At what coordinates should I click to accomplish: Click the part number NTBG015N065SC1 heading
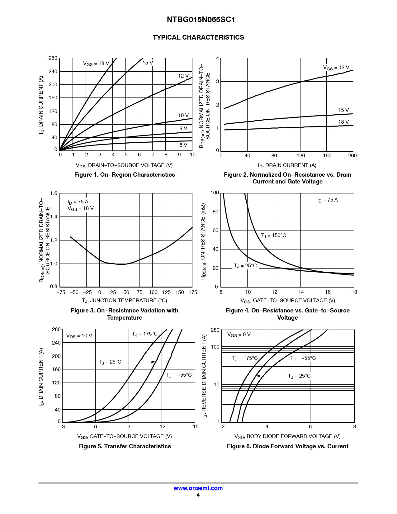(201, 20)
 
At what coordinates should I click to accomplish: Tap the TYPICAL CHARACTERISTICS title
(198, 37)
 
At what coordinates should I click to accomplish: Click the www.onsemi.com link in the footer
(198, 488)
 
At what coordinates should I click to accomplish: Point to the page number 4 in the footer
(198, 495)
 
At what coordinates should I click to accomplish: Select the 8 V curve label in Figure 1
(183, 145)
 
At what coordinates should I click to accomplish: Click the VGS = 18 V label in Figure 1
(96, 64)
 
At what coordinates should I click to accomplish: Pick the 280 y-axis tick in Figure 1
(53, 58)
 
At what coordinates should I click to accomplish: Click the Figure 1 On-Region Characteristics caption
(125, 175)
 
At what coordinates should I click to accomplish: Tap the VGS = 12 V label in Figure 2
(336, 68)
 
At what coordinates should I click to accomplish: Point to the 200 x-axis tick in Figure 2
(352, 155)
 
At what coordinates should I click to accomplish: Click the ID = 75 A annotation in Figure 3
(78, 202)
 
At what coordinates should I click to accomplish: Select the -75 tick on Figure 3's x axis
(61, 292)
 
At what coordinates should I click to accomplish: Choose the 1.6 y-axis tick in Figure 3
(54, 193)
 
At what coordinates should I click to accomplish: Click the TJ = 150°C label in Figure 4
(273, 236)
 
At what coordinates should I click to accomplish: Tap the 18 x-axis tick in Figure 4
(354, 292)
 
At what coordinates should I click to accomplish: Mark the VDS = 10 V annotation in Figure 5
(79, 336)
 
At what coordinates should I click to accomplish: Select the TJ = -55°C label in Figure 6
(303, 358)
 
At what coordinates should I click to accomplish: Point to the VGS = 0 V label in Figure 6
(239, 335)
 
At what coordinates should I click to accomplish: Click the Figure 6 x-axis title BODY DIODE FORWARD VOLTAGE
(287, 436)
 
